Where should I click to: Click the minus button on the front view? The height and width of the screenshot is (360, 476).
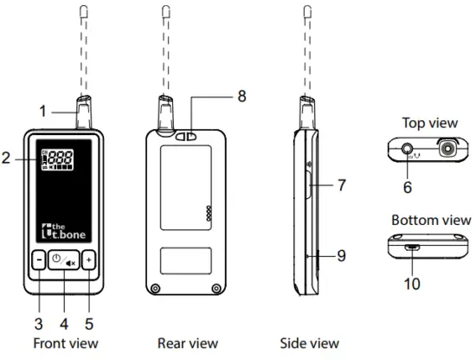click(39, 260)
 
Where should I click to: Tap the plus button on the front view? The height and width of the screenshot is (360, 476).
click(89, 260)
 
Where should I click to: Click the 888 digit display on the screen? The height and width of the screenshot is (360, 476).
click(61, 157)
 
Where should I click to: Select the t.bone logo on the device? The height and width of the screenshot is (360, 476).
click(63, 231)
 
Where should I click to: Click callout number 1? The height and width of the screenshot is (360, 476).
click(42, 111)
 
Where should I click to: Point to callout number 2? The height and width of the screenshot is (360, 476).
click(6, 158)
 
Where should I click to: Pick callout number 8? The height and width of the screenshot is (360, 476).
click(241, 96)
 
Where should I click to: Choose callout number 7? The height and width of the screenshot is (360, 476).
click(342, 185)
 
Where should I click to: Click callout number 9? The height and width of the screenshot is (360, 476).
click(342, 255)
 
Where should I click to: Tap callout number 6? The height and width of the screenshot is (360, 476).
click(408, 187)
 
